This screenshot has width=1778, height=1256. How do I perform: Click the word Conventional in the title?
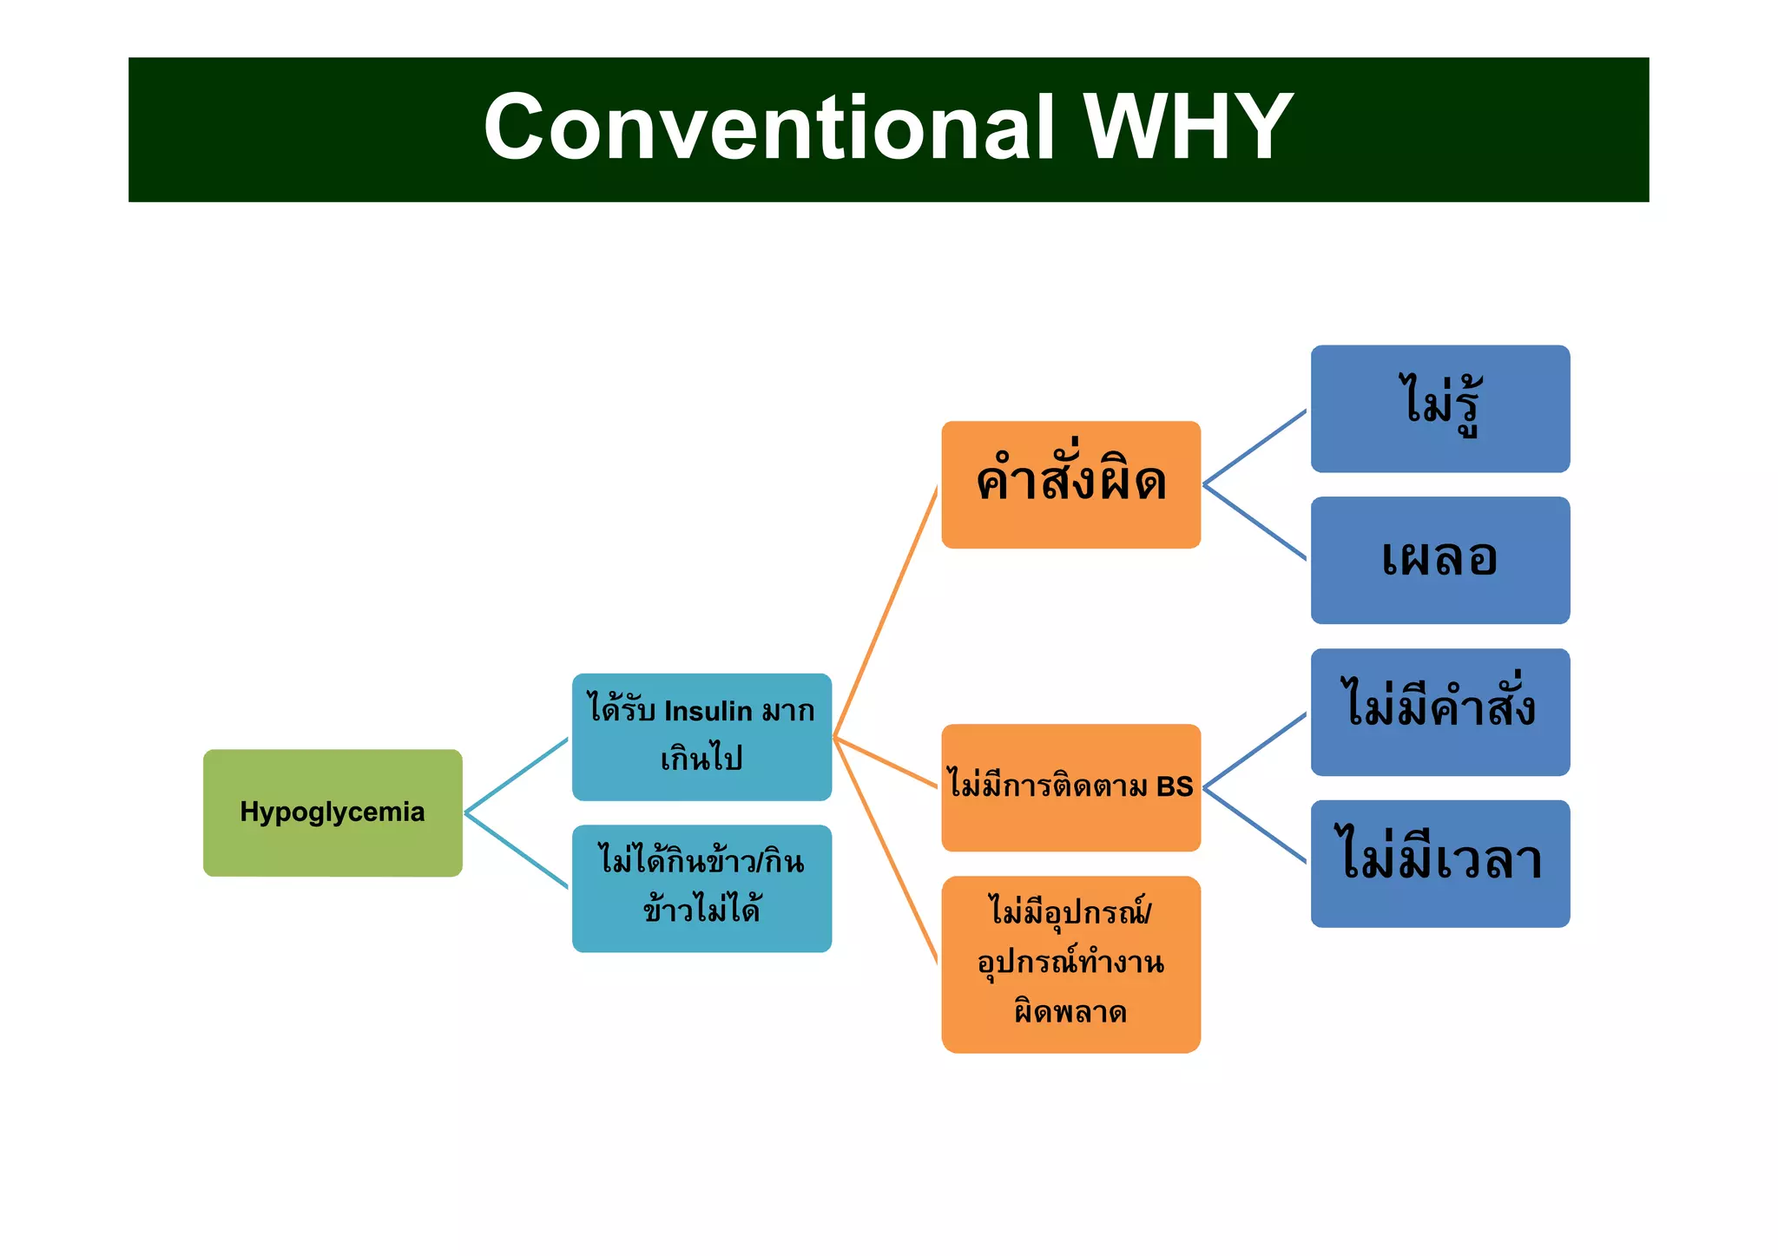pyautogui.click(x=768, y=128)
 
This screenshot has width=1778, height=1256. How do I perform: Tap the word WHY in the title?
pyautogui.click(x=1189, y=128)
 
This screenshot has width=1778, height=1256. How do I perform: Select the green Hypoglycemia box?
pyautogui.click(x=333, y=812)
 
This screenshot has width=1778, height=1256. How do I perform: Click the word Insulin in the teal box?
pyautogui.click(x=708, y=711)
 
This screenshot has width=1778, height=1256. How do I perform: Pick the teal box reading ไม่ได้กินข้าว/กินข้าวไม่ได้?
pyautogui.click(x=701, y=888)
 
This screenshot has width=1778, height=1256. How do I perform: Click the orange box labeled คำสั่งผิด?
pyautogui.click(x=1070, y=484)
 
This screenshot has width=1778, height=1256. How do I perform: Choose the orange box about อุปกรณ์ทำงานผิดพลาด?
pyautogui.click(x=1070, y=964)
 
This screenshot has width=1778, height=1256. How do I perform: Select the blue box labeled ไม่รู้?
pyautogui.click(x=1439, y=409)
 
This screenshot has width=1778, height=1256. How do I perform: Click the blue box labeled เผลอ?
pyautogui.click(x=1439, y=560)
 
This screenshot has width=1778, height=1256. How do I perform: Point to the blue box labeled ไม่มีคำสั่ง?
pyautogui.click(x=1439, y=712)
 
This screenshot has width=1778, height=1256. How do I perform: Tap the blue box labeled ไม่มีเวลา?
pyautogui.click(x=1439, y=864)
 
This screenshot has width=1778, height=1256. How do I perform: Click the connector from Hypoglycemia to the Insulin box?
pyautogui.click(x=517, y=775)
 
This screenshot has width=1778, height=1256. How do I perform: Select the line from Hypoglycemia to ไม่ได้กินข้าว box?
pyautogui.click(x=517, y=851)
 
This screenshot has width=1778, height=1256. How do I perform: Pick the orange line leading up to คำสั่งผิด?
pyautogui.click(x=886, y=612)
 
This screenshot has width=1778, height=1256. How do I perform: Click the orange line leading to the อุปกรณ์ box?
pyautogui.click(x=886, y=851)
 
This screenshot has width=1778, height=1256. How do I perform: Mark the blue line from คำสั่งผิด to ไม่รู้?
pyautogui.click(x=1254, y=447)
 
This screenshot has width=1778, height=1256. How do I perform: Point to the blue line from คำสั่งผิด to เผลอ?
pyautogui.click(x=1254, y=522)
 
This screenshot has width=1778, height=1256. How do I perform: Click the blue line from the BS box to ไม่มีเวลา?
pyautogui.click(x=1254, y=825)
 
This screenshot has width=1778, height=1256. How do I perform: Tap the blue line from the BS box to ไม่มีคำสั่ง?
pyautogui.click(x=1254, y=751)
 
